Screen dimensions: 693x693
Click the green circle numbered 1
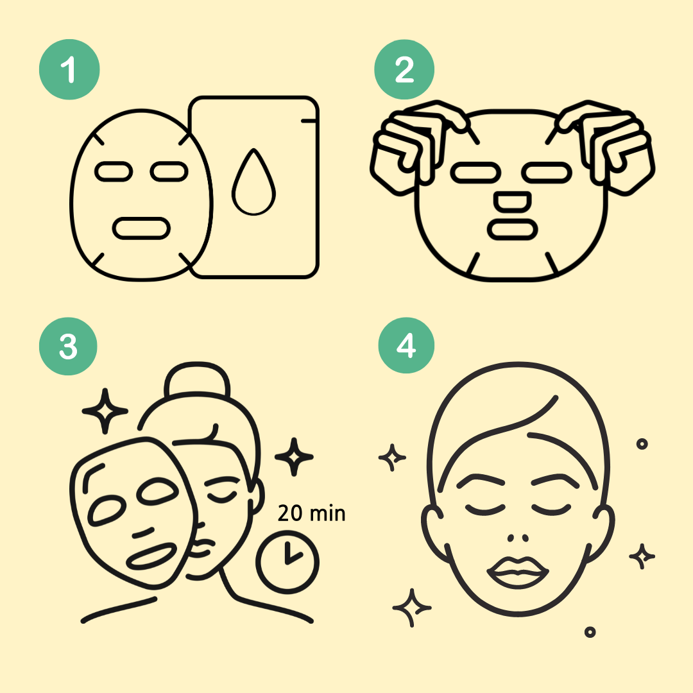(x=69, y=69)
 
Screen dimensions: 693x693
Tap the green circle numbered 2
(x=404, y=69)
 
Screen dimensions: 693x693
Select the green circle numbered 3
(x=68, y=346)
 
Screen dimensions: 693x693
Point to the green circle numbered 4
(x=406, y=345)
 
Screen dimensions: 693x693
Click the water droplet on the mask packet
(x=253, y=182)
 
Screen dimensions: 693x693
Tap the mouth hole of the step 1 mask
(x=141, y=228)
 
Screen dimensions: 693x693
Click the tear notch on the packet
(x=309, y=121)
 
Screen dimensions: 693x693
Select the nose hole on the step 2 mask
(x=512, y=201)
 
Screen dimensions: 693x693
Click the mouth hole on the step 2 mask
(x=512, y=229)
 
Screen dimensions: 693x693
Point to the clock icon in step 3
(x=287, y=562)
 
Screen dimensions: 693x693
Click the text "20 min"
(x=312, y=513)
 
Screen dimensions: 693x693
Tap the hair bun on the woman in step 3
(x=197, y=379)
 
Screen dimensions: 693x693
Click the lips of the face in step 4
(x=518, y=572)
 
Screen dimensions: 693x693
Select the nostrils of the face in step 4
(x=518, y=538)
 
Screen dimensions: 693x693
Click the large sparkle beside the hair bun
(x=105, y=411)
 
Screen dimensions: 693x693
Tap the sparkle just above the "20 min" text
(x=294, y=457)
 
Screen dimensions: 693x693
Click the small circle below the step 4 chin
(x=590, y=632)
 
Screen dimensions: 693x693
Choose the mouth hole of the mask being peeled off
(x=151, y=556)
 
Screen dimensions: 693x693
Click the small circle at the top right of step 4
(x=642, y=444)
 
